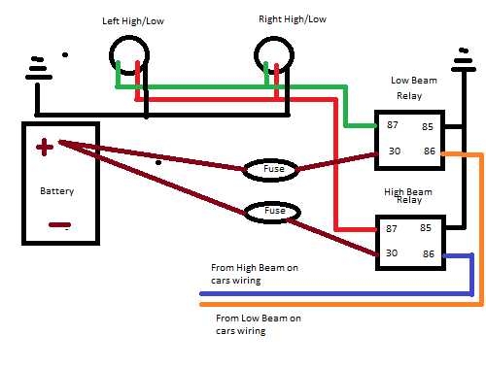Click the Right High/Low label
[293, 19]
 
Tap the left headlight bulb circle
[127, 55]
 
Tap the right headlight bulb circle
[272, 56]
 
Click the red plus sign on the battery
[44, 148]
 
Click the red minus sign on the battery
[57, 225]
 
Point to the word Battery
[56, 191]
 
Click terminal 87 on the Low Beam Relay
[392, 126]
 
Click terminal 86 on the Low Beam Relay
[429, 152]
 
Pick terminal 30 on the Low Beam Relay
[392, 152]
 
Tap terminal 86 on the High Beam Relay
[429, 254]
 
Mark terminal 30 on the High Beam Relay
[392, 254]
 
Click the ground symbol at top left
[37, 66]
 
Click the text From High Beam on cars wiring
[250, 273]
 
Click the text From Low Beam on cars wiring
[257, 324]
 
